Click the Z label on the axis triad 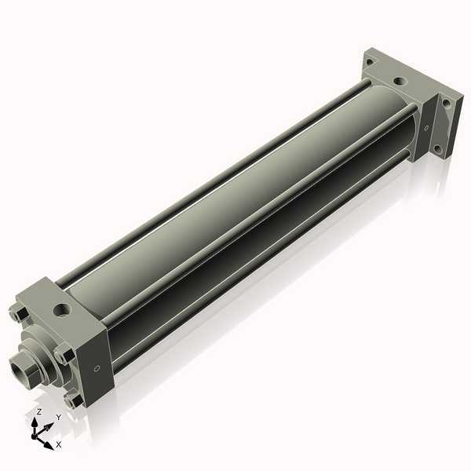pyautogui.click(x=39, y=412)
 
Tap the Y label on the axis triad pyautogui.click(x=58, y=417)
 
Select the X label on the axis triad pyautogui.click(x=59, y=444)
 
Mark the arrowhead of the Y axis pyautogui.click(x=50, y=426)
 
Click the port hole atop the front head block pyautogui.click(x=61, y=309)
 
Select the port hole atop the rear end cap pyautogui.click(x=400, y=81)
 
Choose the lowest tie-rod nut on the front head pyautogui.click(x=75, y=400)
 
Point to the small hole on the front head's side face pyautogui.click(x=97, y=368)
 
